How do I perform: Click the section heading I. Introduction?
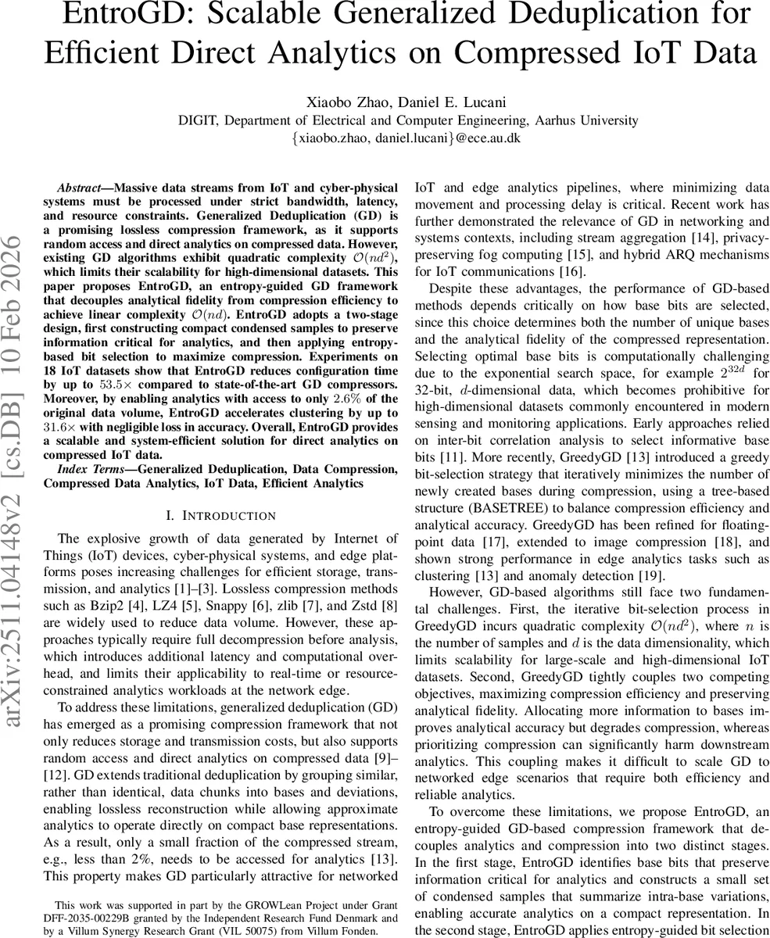point(221,515)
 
